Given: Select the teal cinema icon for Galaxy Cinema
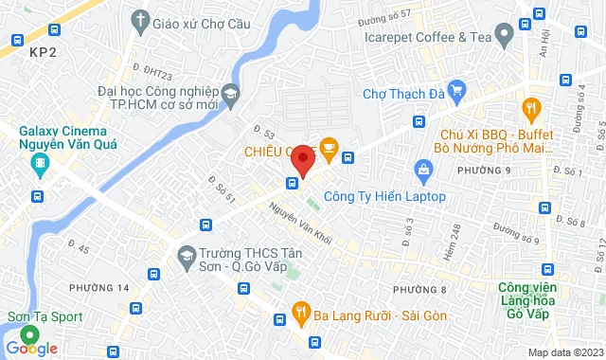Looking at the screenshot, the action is (x=41, y=166).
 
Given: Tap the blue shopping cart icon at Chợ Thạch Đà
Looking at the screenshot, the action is (x=456, y=92).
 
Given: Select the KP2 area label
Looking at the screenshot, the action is (x=42, y=55).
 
